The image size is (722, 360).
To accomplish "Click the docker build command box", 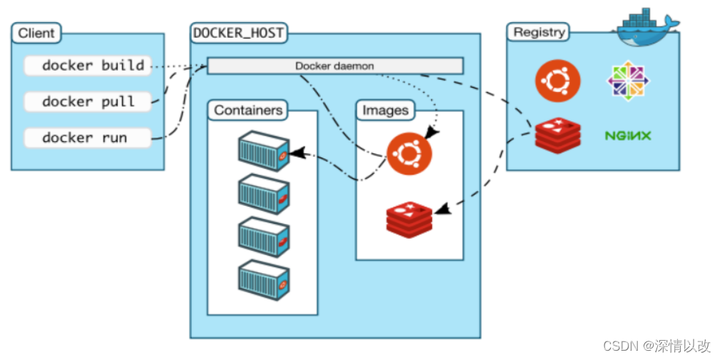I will (x=87, y=66).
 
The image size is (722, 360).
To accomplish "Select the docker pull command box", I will (x=88, y=101).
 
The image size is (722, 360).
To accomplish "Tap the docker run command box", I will (x=87, y=138).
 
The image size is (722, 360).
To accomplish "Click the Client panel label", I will (x=36, y=33).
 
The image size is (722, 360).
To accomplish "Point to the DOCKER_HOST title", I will (x=239, y=33).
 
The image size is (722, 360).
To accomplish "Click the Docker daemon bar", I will (x=335, y=66).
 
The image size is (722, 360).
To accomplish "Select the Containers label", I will (x=248, y=110).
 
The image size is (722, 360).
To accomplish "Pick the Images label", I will (x=386, y=110).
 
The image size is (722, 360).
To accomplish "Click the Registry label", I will (x=539, y=32).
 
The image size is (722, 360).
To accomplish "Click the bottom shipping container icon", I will (x=263, y=279).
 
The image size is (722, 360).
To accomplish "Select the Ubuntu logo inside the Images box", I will (x=409, y=153).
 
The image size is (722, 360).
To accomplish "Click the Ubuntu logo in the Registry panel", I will (x=557, y=81).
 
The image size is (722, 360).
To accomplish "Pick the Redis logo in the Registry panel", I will (x=557, y=135).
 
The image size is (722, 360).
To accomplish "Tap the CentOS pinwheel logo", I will (x=628, y=81).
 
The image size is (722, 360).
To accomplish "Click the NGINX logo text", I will (x=628, y=135).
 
